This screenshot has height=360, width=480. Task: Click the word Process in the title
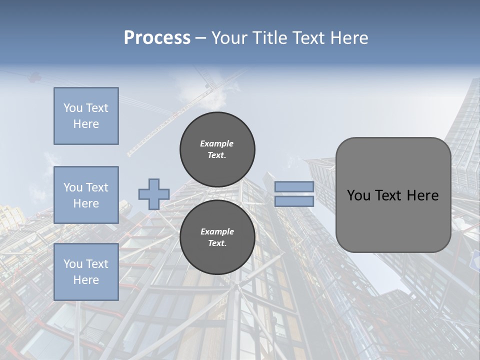coord(157,38)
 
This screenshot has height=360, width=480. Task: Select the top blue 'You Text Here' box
coord(86,116)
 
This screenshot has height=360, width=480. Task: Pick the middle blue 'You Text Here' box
coord(86,195)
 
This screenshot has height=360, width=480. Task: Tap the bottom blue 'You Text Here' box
coord(86,272)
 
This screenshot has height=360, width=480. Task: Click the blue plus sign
coord(153,194)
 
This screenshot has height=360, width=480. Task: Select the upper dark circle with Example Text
coord(217,149)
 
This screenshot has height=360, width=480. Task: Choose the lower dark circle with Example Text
coord(217,237)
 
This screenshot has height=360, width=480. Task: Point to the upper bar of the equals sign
coord(294,186)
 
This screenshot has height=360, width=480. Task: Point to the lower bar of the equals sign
coord(294,201)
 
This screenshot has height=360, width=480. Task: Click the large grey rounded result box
coord(393,220)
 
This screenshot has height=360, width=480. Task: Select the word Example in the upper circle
coord(216,143)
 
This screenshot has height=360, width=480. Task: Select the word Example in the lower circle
coord(216,231)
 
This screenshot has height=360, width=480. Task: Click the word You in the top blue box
coord(72,108)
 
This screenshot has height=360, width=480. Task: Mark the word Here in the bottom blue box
coord(86,280)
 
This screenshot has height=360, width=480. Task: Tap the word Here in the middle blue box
coord(86,203)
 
